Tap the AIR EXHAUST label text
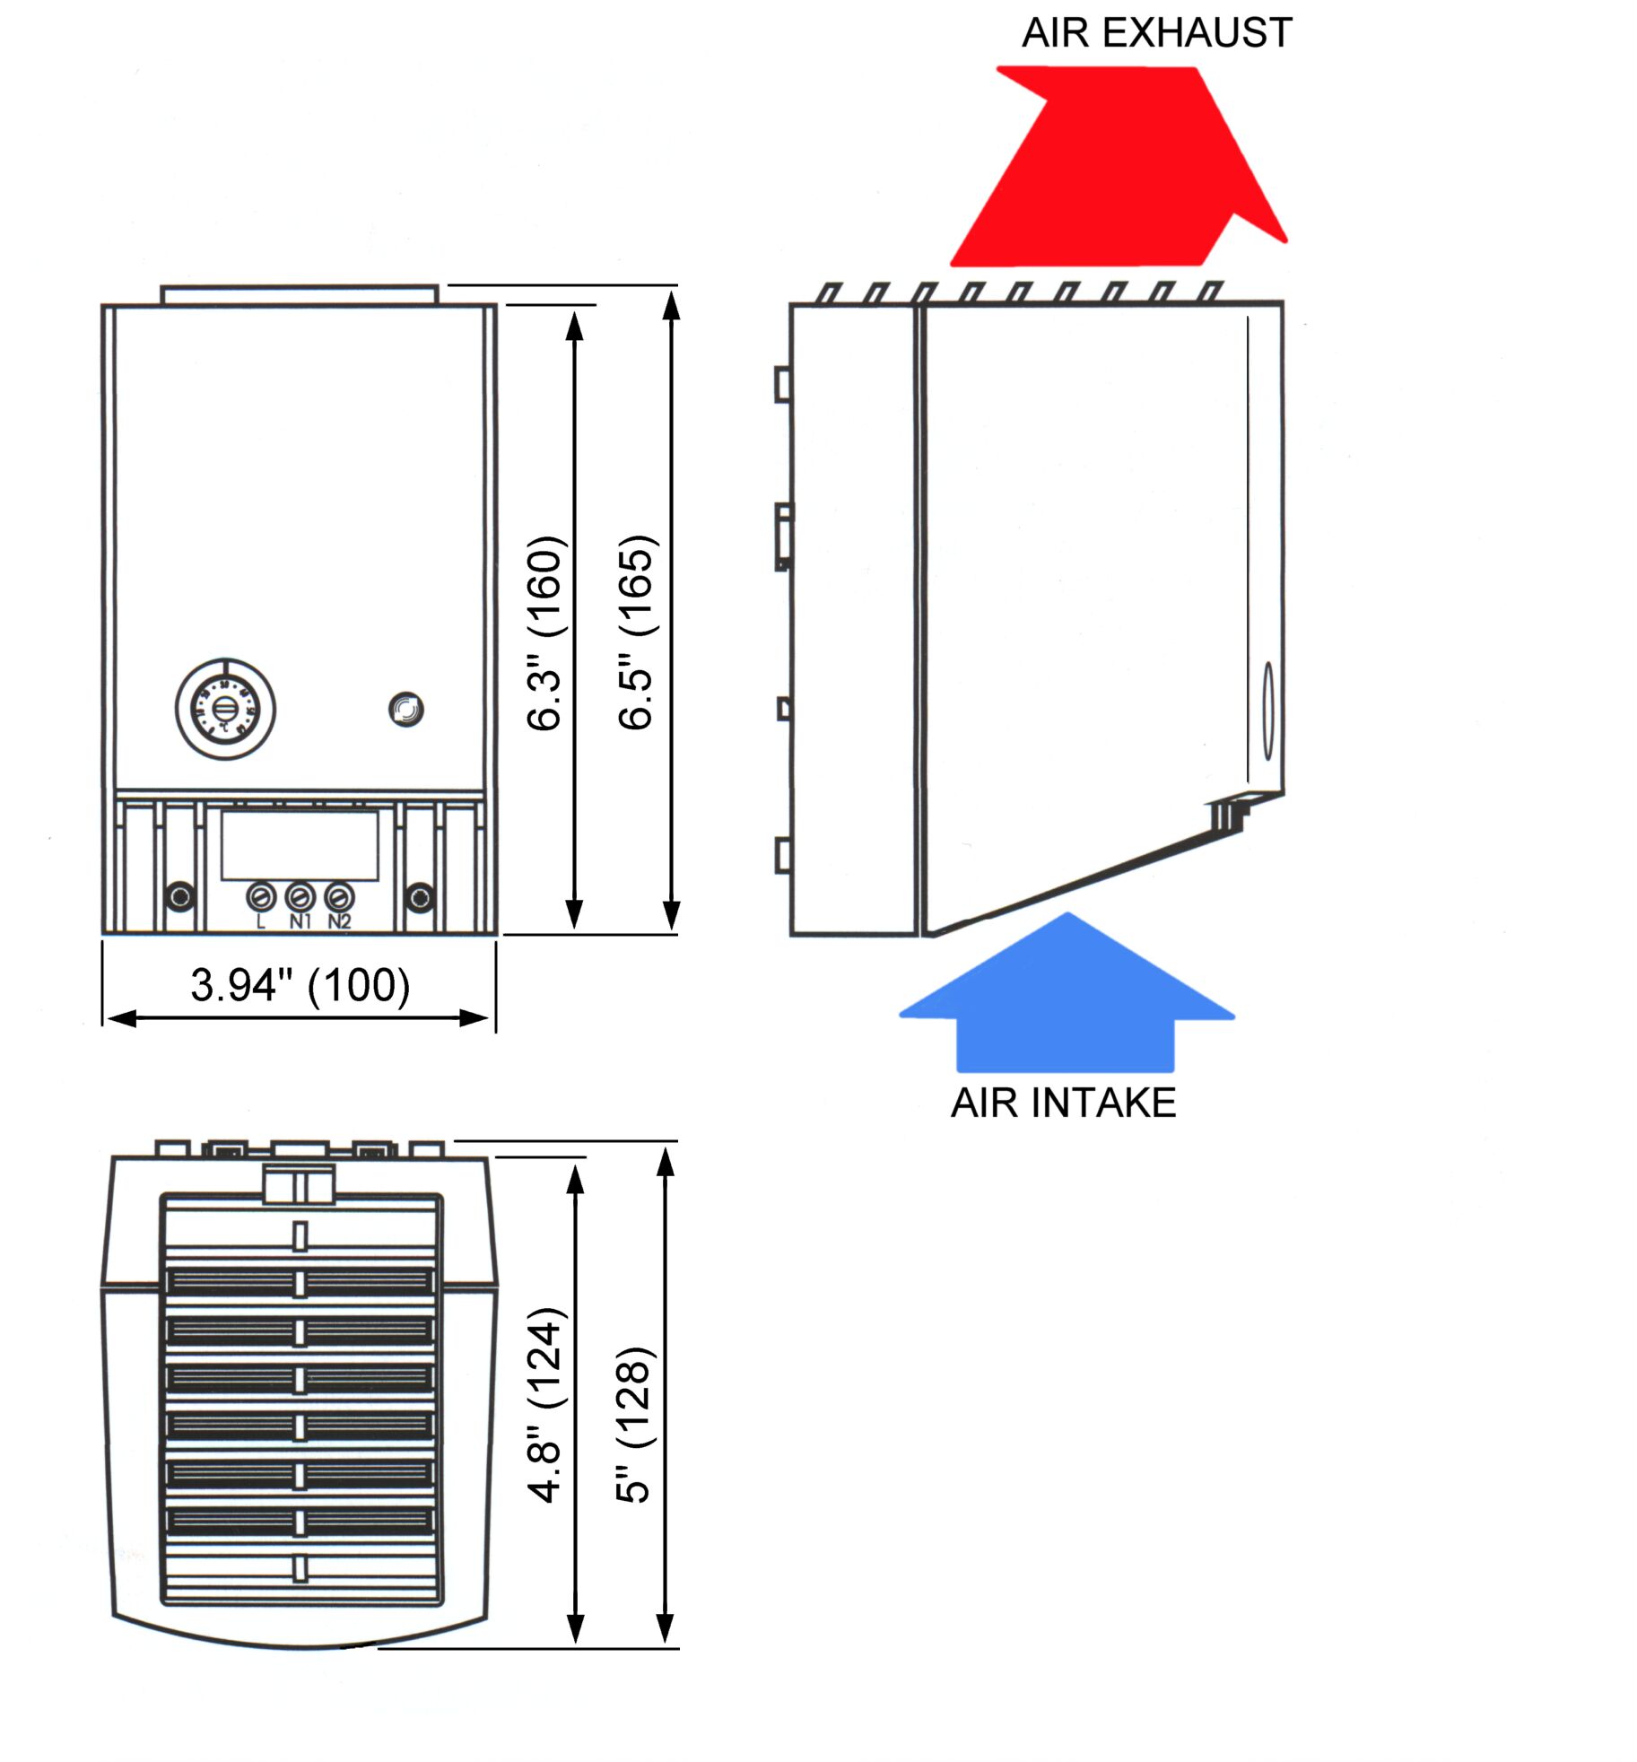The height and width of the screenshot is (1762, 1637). pos(1156,33)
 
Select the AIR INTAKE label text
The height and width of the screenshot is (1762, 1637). pos(1063,1103)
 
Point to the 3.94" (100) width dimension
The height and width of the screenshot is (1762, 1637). pos(300,985)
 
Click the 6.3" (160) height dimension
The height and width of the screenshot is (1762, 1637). pos(545,632)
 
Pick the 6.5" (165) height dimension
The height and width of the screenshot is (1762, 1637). pos(637,632)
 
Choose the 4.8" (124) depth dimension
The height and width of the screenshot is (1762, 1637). pos(545,1404)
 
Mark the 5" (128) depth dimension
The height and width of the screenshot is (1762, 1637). pos(633,1424)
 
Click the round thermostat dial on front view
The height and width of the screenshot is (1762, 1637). pos(225,709)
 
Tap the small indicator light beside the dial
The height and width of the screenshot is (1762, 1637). pos(406,710)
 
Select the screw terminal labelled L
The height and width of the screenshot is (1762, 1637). pos(261,895)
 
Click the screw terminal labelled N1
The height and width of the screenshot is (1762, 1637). pos(300,895)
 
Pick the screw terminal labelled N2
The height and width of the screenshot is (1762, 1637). pos(338,895)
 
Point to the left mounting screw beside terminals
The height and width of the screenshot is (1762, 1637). pos(180,895)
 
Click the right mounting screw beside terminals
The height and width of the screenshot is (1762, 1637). pos(419,895)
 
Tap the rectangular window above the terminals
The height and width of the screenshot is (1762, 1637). pos(300,845)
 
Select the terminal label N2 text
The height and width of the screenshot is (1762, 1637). pos(339,921)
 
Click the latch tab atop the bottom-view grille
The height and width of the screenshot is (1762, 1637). pos(299,1183)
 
